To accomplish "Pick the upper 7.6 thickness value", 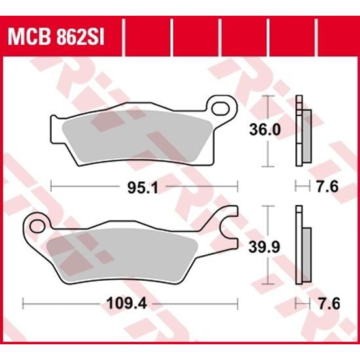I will (x=326, y=187).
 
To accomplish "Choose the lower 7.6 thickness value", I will (x=326, y=303).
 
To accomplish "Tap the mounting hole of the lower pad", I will (x=37, y=227).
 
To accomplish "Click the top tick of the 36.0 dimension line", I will (x=266, y=96).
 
